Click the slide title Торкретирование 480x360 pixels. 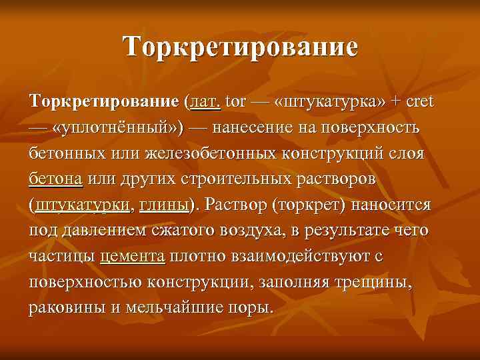pyautogui.click(x=240, y=48)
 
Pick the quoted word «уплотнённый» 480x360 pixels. pyautogui.click(x=118, y=128)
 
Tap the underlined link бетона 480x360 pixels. pyautogui.click(x=56, y=180)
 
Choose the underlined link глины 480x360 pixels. pyautogui.click(x=164, y=206)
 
